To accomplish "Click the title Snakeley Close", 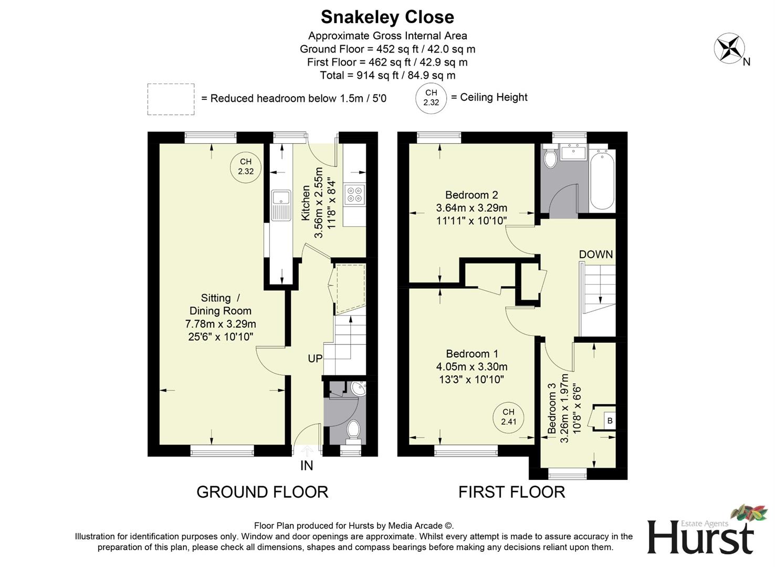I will [387, 17].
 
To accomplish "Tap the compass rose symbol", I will [729, 48].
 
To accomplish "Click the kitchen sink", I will [281, 205].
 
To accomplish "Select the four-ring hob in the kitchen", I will [354, 193].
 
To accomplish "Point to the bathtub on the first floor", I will [601, 180].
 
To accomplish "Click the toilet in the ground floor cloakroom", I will [354, 429].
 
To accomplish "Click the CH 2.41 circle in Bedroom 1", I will [508, 417].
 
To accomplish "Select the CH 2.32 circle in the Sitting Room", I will [246, 166].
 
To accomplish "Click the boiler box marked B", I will [609, 421].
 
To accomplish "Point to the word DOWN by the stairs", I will [595, 255].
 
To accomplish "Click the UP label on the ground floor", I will [315, 359].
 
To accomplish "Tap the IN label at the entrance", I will [307, 466].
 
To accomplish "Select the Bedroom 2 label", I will [471, 195].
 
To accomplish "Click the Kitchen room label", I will [306, 202].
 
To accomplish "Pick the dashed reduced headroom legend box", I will [171, 99].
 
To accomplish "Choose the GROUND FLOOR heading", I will [262, 492].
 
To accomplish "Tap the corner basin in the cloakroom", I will [359, 390].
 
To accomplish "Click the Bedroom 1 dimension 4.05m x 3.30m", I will [471, 367].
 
